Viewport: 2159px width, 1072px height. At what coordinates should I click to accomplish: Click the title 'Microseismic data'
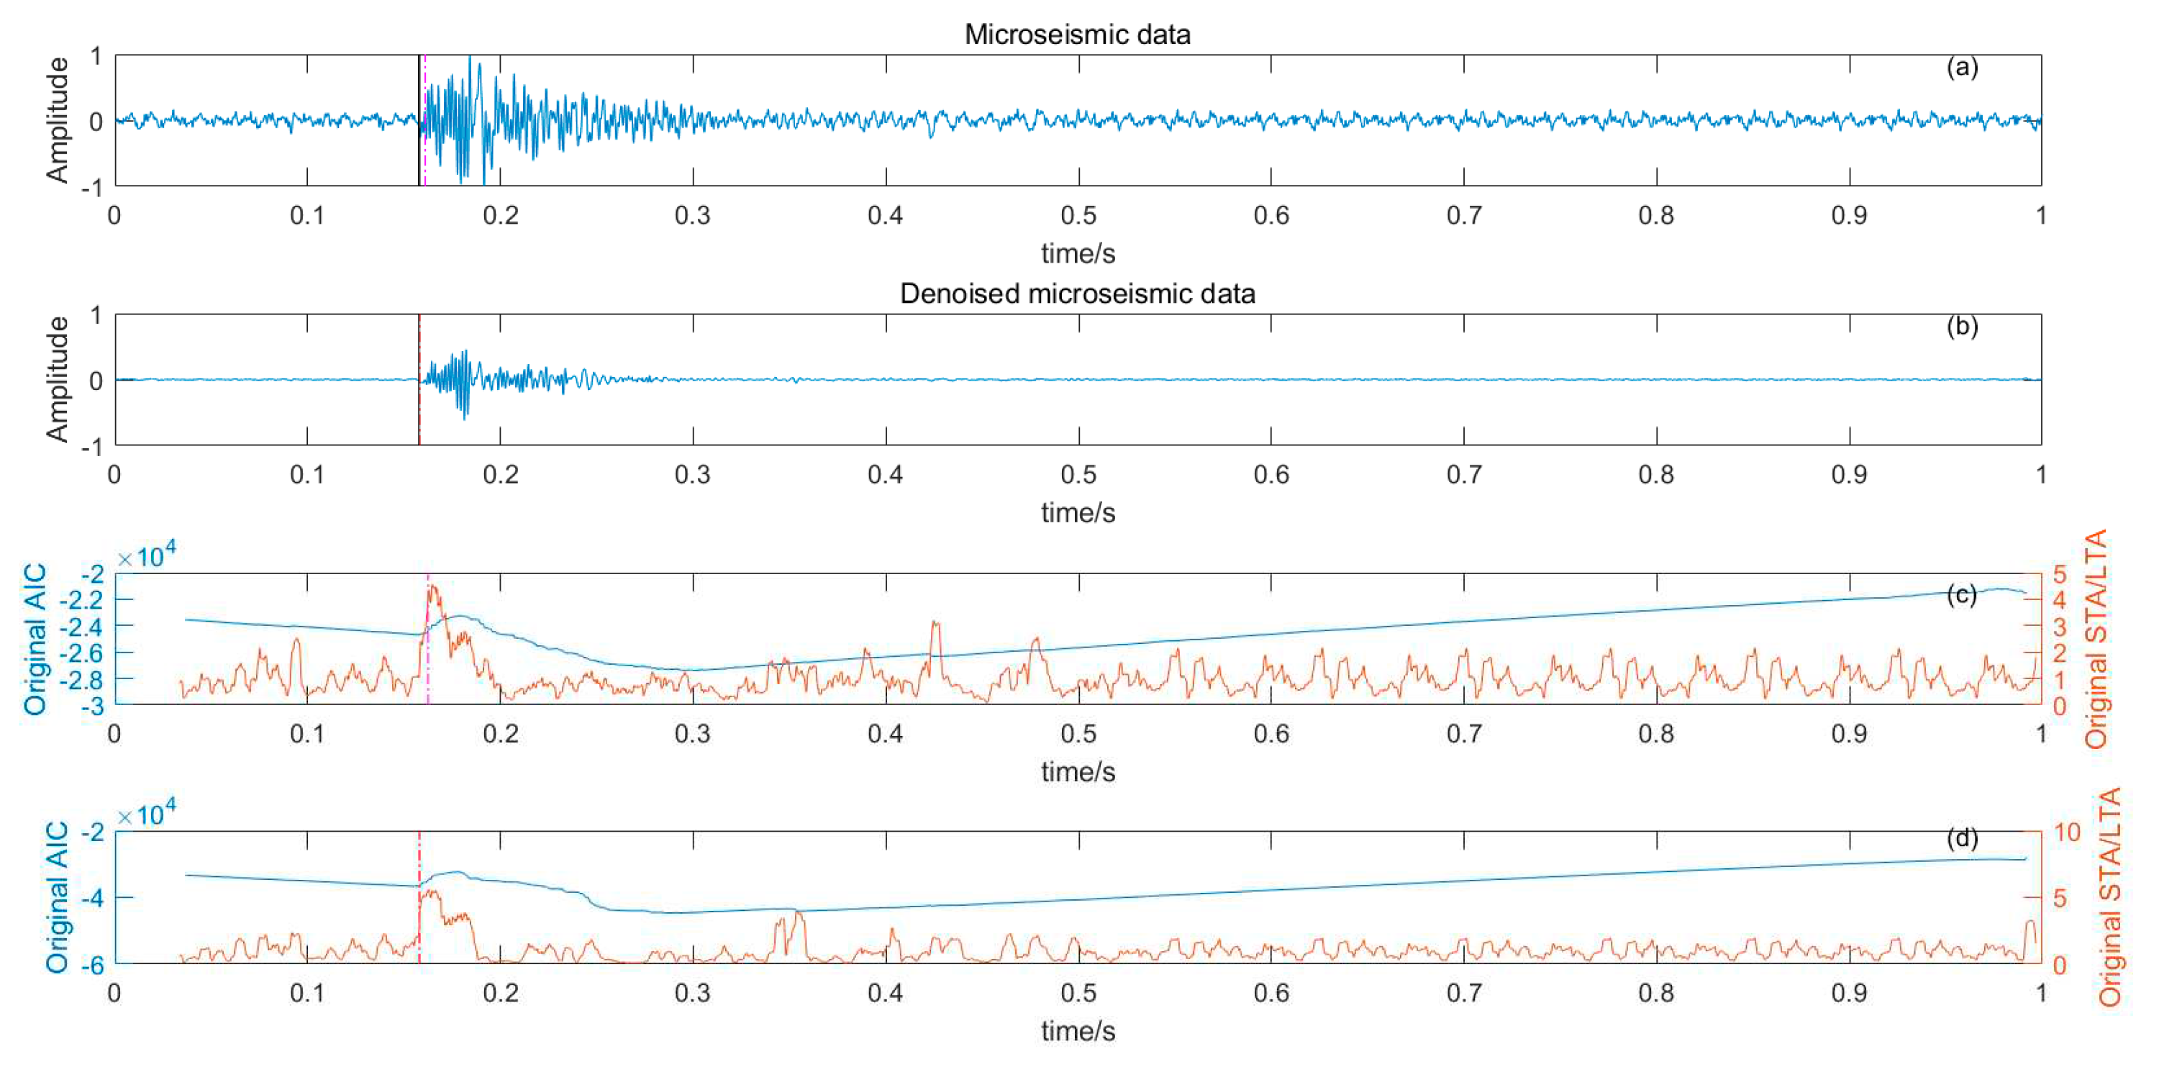(1077, 35)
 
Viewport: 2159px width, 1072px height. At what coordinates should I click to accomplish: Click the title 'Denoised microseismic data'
(1077, 294)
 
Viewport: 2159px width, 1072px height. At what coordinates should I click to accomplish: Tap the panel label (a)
(1961, 67)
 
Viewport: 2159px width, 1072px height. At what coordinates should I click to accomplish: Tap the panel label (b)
(1961, 326)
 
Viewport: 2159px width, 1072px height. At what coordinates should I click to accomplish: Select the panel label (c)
(1961, 594)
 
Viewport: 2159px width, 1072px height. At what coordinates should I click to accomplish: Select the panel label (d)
(1961, 837)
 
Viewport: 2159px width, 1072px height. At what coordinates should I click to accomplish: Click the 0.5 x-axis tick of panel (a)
(1078, 215)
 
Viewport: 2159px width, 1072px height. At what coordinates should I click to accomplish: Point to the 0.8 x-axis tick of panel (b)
(1656, 474)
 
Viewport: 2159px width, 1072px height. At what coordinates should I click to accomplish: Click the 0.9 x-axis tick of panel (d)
(1849, 992)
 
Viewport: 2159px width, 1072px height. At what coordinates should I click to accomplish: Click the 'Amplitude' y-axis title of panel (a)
(57, 120)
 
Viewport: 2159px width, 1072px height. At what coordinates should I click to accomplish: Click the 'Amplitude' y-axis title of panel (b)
(57, 379)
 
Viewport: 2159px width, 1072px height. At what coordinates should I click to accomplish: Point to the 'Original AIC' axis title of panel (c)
(35, 640)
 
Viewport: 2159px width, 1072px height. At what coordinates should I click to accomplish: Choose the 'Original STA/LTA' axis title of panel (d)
(2109, 897)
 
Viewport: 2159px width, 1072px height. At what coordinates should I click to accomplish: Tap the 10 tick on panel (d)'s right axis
(2067, 832)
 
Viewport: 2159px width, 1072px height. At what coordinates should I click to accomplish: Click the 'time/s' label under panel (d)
(1078, 1031)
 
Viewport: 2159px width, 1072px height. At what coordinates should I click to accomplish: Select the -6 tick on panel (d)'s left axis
(92, 966)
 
